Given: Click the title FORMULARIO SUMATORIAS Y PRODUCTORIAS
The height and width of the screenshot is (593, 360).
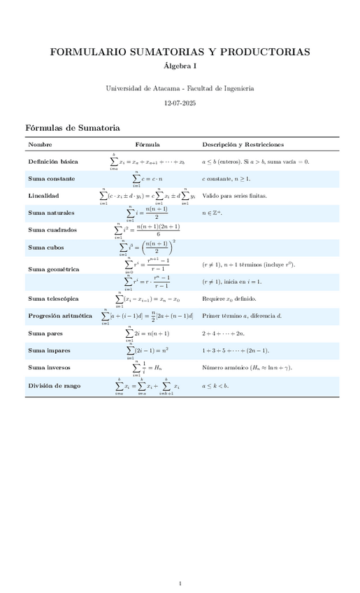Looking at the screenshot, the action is pos(180,52).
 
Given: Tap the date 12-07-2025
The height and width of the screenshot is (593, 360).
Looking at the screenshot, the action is pos(180,103).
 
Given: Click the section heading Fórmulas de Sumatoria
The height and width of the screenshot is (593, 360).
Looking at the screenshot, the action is pos(73,128).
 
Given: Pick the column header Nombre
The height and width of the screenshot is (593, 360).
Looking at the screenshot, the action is pos(40,144).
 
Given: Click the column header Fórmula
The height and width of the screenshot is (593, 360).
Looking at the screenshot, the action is pos(147,144).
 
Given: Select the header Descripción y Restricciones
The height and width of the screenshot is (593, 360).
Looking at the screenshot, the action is pos(243,144).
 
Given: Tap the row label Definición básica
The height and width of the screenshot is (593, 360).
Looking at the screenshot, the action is pos(53,162).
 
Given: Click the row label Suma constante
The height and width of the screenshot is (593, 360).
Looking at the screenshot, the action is pos(51,179).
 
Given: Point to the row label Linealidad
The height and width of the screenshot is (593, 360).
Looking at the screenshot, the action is pos(43,196).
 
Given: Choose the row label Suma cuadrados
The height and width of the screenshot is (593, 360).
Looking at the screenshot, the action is pos(52,230).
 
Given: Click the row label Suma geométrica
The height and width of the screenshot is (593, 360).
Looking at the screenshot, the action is pos(53,269).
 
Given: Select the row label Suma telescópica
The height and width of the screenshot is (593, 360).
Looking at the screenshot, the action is pos(53,299).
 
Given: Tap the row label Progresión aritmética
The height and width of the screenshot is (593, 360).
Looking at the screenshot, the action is pos(60,316).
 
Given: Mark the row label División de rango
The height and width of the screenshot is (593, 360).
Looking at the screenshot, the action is pos(54,385).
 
